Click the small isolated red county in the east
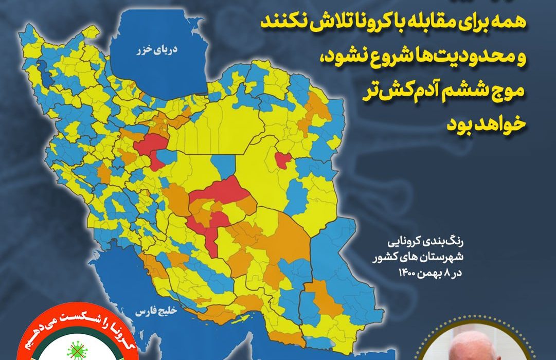[282, 160]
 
